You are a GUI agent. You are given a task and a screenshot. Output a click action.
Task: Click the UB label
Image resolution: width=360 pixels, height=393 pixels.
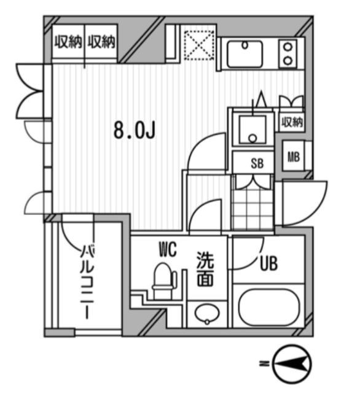[268, 264]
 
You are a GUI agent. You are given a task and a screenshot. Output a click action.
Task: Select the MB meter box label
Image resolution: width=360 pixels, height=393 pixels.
[294, 157]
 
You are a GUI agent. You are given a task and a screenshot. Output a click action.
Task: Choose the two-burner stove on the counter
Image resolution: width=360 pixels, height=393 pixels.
[288, 53]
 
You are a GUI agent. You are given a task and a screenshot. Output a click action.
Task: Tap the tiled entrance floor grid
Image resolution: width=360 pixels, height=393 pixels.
[253, 206]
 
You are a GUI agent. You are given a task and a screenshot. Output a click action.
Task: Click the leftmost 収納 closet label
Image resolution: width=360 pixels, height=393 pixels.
[68, 42]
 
